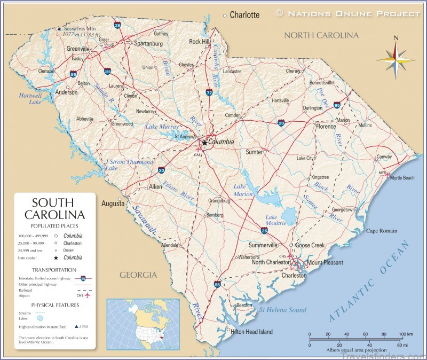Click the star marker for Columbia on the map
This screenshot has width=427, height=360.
click(204, 143)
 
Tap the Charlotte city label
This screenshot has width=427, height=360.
click(244, 15)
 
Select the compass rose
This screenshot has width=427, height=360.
click(395, 58)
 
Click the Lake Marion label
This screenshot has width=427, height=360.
click(243, 190)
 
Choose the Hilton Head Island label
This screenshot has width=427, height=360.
click(251, 332)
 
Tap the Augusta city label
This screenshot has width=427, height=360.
click(113, 204)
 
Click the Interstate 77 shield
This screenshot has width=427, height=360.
click(209, 93)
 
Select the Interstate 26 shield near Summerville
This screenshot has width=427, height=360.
click(264, 230)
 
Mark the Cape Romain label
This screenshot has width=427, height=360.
click(381, 231)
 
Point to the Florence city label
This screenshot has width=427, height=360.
click(326, 127)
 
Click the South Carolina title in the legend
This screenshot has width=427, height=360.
click(54, 209)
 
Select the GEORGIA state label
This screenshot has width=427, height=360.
click(138, 275)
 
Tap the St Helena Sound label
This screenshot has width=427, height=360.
click(283, 310)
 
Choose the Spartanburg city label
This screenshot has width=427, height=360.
click(148, 43)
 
